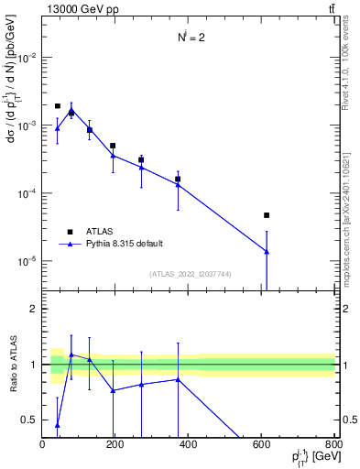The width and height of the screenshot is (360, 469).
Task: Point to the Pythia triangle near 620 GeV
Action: click(267, 252)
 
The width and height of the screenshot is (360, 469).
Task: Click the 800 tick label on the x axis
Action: click(333, 444)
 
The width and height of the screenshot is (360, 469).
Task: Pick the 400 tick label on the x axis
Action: click(188, 444)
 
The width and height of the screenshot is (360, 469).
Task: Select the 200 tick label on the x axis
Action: click(115, 444)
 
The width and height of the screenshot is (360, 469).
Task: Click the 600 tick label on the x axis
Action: click(261, 444)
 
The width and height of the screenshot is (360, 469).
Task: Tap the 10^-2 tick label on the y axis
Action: click(25, 58)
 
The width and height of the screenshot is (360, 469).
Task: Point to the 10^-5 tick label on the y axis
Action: click(25, 262)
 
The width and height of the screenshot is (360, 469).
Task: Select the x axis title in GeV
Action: click(312, 458)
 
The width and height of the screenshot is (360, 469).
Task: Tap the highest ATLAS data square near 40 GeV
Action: click(58, 106)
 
